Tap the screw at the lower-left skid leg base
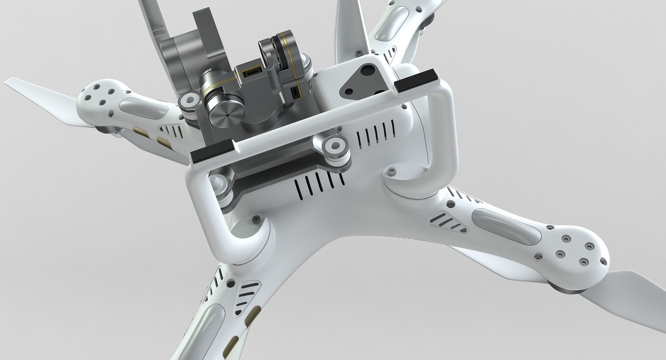click(256, 219)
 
